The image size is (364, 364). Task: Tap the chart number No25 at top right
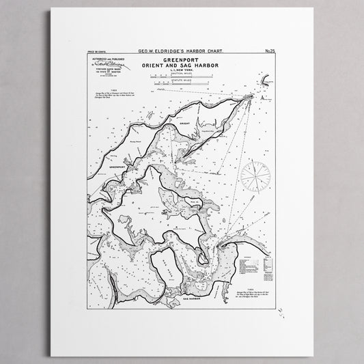coord(268,51)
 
